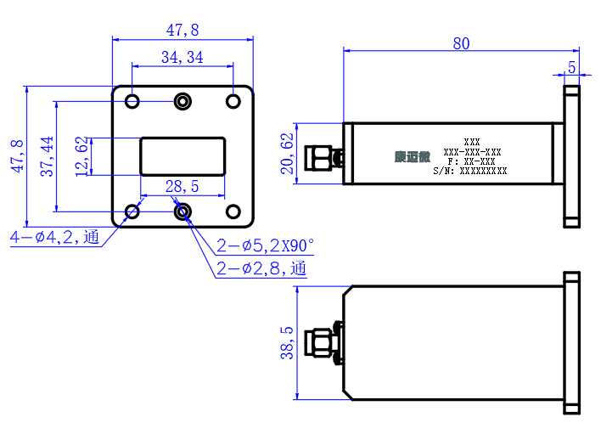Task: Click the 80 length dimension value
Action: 461,43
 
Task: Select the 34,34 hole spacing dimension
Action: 182,57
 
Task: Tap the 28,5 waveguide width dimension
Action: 182,186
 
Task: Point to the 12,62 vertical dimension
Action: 81,156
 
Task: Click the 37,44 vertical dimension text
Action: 47,156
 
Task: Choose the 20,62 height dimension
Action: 287,154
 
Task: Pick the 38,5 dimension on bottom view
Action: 287,343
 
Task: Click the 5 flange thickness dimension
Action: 572,67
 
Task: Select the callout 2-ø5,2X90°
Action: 265,245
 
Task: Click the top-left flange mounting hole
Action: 132,102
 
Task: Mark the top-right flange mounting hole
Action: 233,102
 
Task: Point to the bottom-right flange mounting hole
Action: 233,211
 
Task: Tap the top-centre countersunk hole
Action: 183,102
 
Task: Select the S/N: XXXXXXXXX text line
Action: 470,171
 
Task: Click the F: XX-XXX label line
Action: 471,161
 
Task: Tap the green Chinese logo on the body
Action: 413,156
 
